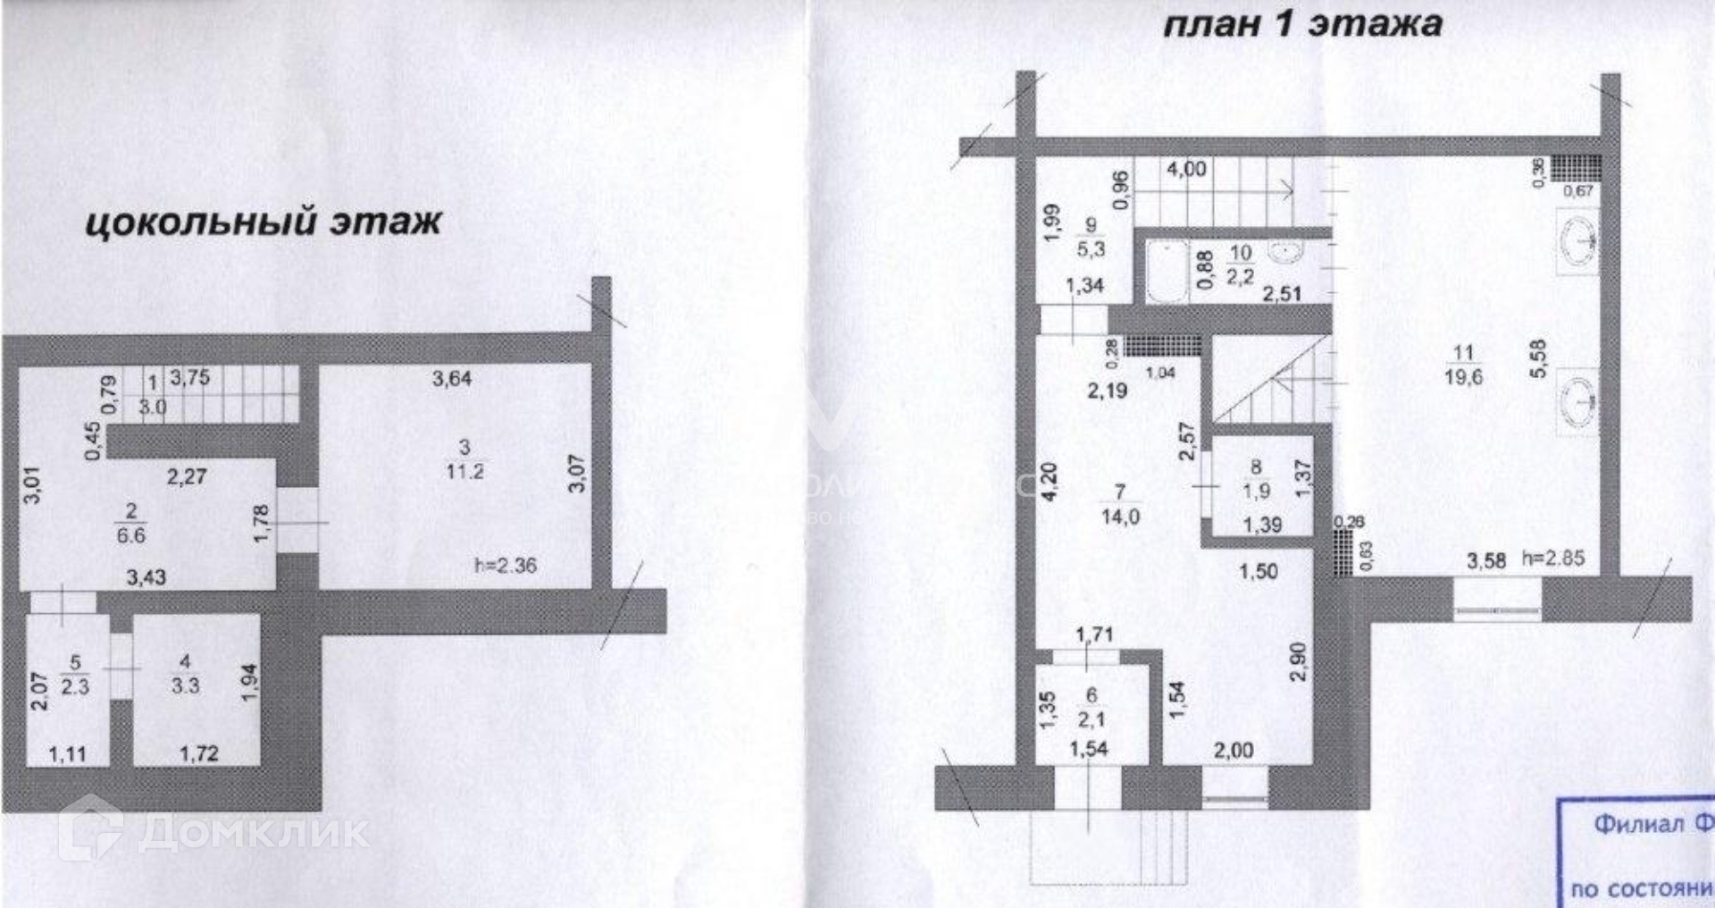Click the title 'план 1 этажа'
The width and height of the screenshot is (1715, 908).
1301,24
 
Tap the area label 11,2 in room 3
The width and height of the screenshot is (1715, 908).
464,472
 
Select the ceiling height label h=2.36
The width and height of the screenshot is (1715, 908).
505,565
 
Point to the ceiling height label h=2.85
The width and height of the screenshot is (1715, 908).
1553,559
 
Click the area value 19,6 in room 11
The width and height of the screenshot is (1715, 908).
1463,377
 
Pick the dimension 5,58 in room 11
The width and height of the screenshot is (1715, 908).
1537,358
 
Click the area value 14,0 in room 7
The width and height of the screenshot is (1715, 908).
1120,517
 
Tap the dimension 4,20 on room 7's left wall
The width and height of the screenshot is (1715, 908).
1050,481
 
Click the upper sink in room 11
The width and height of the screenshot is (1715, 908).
1577,240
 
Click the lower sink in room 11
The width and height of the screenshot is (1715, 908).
1577,400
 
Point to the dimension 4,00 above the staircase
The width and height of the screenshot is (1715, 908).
1185,169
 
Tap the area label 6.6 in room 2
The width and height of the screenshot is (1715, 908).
131,535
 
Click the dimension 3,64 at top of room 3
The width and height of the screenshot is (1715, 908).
452,378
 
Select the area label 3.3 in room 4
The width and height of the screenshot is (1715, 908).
185,685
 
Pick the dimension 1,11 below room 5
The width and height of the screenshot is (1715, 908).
67,754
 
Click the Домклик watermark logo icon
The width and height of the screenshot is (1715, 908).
90,828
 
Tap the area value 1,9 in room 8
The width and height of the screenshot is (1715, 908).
1256,491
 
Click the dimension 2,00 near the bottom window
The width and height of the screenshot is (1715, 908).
1233,751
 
